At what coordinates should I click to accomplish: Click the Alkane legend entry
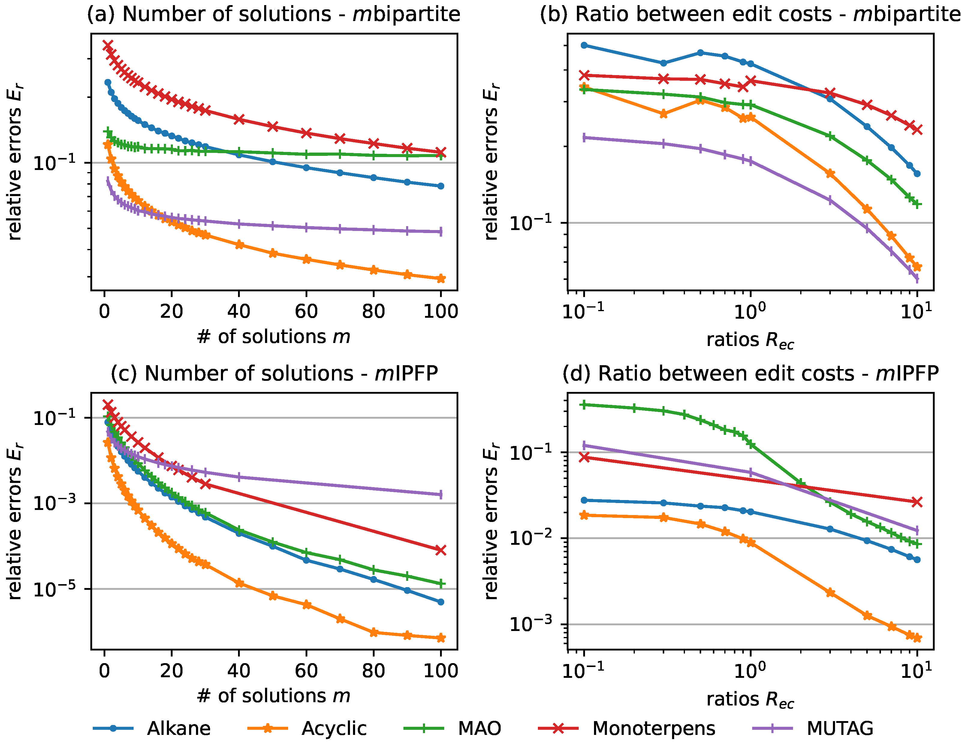(178, 729)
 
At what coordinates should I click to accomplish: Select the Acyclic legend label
(334, 729)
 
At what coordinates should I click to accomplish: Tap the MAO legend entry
(479, 729)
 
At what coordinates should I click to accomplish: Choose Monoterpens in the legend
(654, 729)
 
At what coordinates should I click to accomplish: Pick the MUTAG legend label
(840, 729)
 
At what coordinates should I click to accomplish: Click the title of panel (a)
(273, 14)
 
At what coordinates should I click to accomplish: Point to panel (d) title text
(750, 374)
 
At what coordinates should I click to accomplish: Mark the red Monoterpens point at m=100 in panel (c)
(440, 550)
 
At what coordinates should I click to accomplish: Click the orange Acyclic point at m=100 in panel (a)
(440, 278)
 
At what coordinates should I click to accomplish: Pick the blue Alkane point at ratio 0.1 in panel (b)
(584, 45)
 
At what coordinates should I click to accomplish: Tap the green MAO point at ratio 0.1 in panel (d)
(584, 405)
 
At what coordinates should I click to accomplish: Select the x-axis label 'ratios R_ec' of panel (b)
(750, 340)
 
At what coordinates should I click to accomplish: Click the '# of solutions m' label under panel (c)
(273, 696)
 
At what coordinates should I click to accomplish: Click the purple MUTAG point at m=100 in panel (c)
(440, 494)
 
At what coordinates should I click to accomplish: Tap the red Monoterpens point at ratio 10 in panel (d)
(917, 502)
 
